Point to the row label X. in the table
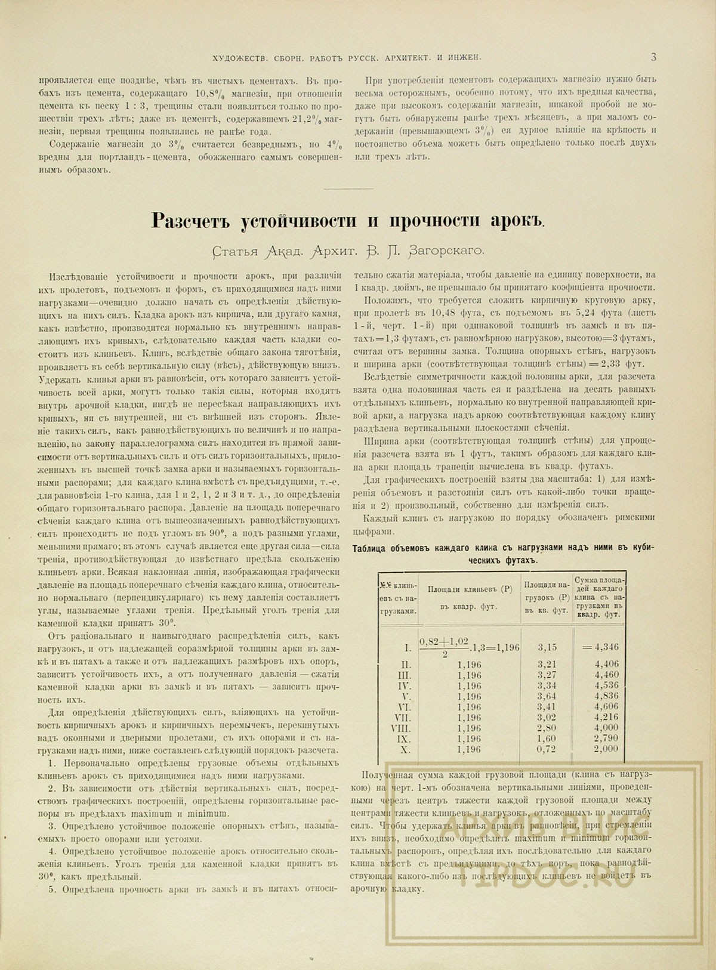pyautogui.click(x=406, y=749)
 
